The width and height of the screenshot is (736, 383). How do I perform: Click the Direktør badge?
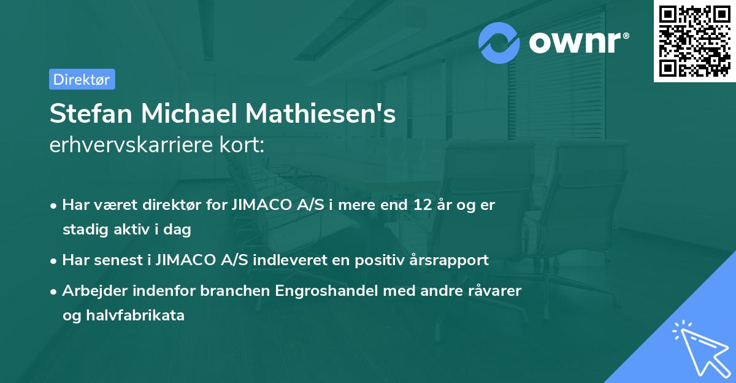[x=82, y=79]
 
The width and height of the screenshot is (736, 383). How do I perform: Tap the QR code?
[x=694, y=41]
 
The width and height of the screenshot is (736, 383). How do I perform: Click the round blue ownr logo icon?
[x=500, y=43]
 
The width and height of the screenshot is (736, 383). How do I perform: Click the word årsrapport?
[x=451, y=260]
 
